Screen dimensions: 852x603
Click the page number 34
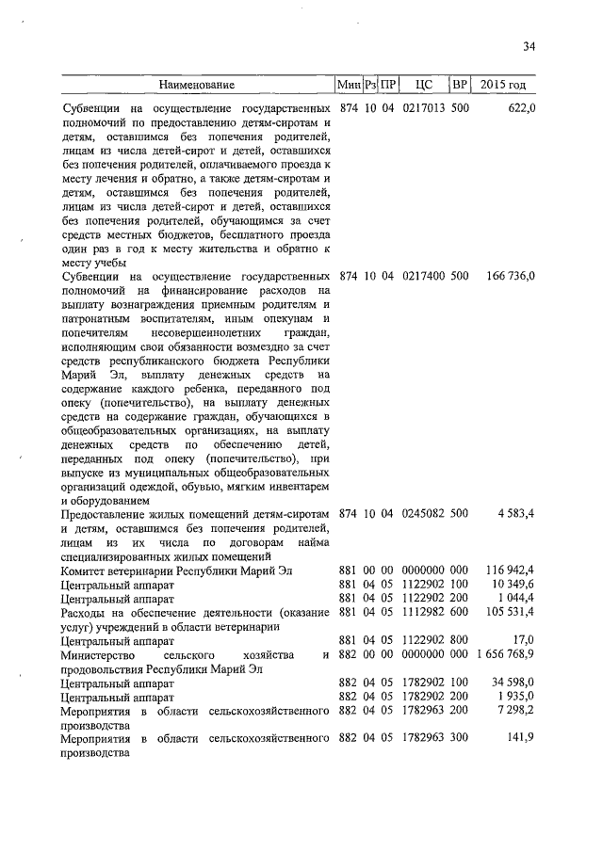(530, 47)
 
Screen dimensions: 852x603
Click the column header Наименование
(196, 86)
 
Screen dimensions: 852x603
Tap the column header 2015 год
(503, 86)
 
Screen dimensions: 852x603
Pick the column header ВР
(460, 86)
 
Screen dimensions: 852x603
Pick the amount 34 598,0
(514, 683)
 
